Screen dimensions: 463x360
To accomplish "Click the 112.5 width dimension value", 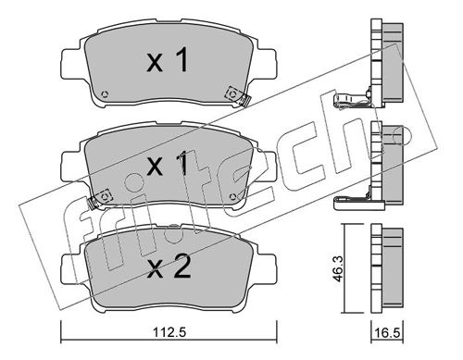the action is pos(169,332).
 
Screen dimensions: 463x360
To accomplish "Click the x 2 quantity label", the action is pos(169,267).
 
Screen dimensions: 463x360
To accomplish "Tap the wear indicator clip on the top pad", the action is pos(245,101).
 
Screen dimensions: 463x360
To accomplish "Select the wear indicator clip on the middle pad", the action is pos(93,203).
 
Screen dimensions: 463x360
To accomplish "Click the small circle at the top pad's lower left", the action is pos(105,94).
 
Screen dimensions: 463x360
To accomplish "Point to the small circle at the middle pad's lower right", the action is pos(233,196).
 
